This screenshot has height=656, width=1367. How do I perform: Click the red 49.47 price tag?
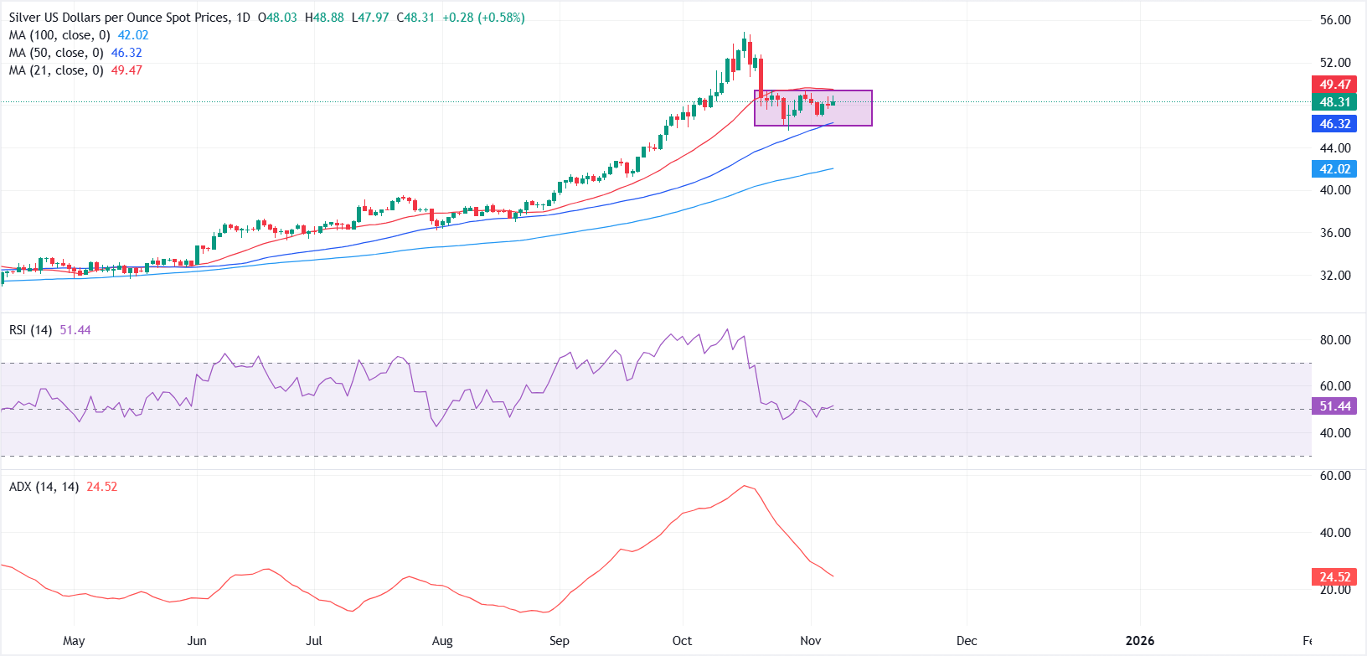pos(1334,85)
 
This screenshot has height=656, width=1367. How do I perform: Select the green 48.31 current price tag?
pos(1334,102)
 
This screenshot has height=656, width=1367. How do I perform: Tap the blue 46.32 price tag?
pos(1334,124)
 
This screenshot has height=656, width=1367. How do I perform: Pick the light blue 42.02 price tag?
pos(1334,169)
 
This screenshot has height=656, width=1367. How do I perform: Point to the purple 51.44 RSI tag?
pos(1334,406)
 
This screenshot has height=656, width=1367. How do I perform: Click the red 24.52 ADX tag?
pos(1334,577)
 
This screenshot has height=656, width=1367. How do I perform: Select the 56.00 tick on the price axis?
pos(1335,20)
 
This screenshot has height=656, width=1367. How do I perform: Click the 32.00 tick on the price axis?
pos(1335,276)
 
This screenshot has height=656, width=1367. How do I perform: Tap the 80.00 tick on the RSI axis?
pos(1335,340)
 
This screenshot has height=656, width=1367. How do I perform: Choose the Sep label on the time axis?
pos(560,641)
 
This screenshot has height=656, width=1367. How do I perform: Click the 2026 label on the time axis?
pos(1140,641)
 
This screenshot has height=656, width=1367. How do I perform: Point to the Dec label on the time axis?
pos(967,641)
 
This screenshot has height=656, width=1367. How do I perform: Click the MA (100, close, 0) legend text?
pos(59,35)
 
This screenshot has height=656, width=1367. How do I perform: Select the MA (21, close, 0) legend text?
pos(56,70)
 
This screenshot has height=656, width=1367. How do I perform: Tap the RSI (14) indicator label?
pos(30,330)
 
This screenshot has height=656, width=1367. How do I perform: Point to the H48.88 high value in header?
pos(324,18)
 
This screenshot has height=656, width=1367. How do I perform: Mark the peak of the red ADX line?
pos(744,486)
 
